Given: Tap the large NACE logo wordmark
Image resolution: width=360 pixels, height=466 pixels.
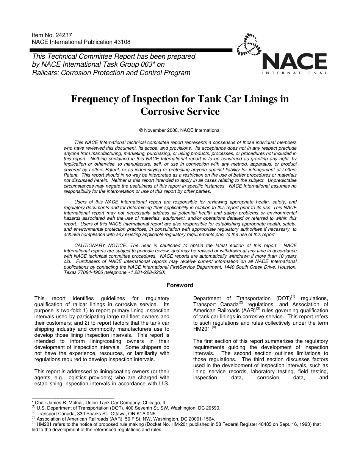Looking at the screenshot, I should click(294, 61).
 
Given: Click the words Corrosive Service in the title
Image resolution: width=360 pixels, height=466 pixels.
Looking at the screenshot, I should click(180, 112).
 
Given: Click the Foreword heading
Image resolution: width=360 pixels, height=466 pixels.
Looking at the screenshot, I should click(180, 285).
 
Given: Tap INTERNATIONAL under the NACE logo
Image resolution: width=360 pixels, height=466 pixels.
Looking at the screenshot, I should click(294, 72).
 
